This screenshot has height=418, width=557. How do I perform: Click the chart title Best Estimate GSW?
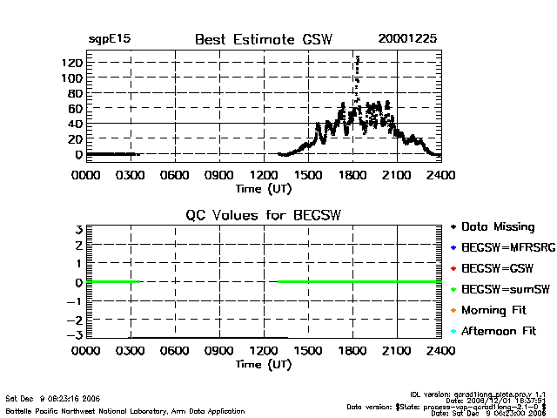264,39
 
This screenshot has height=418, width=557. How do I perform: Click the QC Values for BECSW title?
264,215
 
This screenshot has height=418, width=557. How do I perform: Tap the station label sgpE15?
110,39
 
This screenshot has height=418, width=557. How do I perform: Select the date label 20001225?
407,39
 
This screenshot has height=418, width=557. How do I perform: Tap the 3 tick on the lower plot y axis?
78,229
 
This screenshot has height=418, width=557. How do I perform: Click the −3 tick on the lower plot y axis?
75,335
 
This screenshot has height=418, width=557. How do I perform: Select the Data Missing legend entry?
497,227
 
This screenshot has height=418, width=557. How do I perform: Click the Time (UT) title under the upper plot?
264,187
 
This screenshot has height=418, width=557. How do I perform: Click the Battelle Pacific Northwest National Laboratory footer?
125,410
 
